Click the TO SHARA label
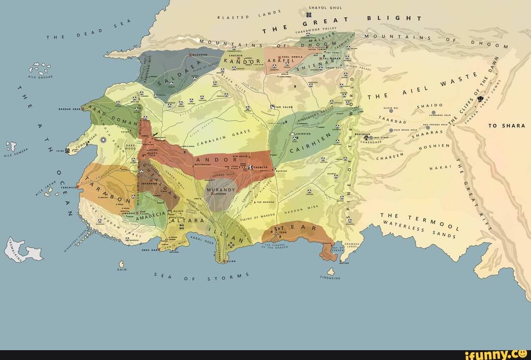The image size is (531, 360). coord(506,126)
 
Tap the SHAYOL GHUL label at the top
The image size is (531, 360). coord(325,8)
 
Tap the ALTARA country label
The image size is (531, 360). coord(187,221)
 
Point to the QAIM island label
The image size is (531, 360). coord(122,270)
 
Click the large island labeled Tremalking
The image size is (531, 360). coord(22,250)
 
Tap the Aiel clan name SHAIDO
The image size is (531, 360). coord(430,105)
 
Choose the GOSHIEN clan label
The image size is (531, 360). coord(434,147)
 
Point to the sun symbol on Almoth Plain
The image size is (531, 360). coord(103,140)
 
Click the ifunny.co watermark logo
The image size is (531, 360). coord(501,354)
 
